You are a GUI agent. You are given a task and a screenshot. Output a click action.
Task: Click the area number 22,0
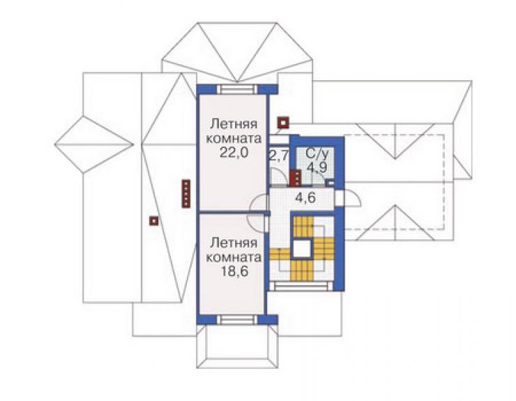(234, 153)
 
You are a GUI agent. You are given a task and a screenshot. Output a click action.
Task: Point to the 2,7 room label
(279, 155)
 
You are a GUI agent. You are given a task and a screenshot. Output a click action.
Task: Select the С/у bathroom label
(315, 154)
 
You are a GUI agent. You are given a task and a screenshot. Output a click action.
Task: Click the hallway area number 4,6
(305, 198)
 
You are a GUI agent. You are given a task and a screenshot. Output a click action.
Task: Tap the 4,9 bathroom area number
(317, 167)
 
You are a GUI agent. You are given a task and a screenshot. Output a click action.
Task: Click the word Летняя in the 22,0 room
(234, 124)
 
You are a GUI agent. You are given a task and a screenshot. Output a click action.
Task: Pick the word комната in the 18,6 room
(234, 257)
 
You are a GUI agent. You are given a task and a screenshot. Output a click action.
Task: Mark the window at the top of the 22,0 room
(237, 89)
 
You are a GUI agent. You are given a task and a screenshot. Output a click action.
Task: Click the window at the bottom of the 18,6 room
(237, 319)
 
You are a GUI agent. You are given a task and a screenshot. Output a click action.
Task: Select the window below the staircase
(301, 286)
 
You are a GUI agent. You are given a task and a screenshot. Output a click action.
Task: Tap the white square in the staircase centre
(301, 248)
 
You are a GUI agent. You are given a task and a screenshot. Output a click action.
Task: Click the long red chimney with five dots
(186, 193)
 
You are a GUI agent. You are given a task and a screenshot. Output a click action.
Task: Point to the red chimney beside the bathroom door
(296, 178)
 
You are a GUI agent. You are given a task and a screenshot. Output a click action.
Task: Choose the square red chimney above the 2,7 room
(282, 123)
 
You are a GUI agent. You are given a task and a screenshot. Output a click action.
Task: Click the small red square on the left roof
(153, 220)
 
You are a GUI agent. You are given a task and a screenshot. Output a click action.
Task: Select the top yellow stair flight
(303, 227)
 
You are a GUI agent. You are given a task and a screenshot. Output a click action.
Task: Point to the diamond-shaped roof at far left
(94, 144)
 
